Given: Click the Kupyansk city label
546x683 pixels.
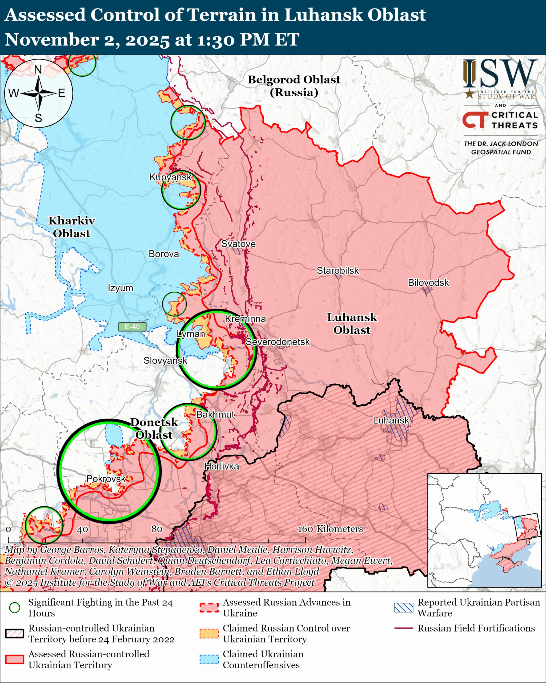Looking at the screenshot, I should [x=170, y=177].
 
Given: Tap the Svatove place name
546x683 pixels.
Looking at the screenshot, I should [x=238, y=244].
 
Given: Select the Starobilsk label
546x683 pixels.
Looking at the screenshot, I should [x=338, y=271].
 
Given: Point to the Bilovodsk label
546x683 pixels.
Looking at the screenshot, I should [x=428, y=283].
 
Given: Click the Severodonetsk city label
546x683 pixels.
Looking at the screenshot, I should [x=278, y=342].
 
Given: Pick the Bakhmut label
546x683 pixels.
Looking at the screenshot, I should [x=215, y=414].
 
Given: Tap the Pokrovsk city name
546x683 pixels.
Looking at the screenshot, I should [x=106, y=479].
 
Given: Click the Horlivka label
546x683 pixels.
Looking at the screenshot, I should [x=222, y=466].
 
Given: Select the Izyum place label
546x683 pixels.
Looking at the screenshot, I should [x=120, y=288].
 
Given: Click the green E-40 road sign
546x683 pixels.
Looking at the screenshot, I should [x=132, y=327].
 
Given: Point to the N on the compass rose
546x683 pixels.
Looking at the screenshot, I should [x=38, y=69].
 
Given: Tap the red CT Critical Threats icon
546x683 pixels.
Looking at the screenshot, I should [x=475, y=120].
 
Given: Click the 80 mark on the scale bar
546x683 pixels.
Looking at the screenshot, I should [x=157, y=529].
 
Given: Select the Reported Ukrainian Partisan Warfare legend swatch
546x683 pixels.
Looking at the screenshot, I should [x=404, y=607].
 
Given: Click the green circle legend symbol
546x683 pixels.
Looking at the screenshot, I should [x=15, y=607].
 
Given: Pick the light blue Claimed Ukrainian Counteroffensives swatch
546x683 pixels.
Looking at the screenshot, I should [x=209, y=659].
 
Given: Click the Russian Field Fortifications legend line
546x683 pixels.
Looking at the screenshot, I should [x=404, y=628].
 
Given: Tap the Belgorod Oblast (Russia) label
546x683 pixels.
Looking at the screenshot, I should [x=294, y=86].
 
